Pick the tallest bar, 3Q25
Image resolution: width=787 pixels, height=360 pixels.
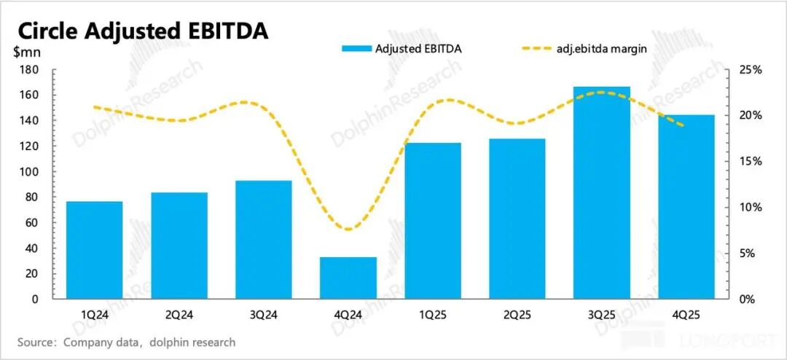(x=602, y=193)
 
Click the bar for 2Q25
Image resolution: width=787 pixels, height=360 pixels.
(x=517, y=219)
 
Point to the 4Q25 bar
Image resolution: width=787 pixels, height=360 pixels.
(x=686, y=207)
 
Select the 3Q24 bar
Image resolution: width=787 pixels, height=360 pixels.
(x=264, y=240)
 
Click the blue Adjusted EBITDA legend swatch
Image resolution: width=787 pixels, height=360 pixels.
(x=356, y=49)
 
